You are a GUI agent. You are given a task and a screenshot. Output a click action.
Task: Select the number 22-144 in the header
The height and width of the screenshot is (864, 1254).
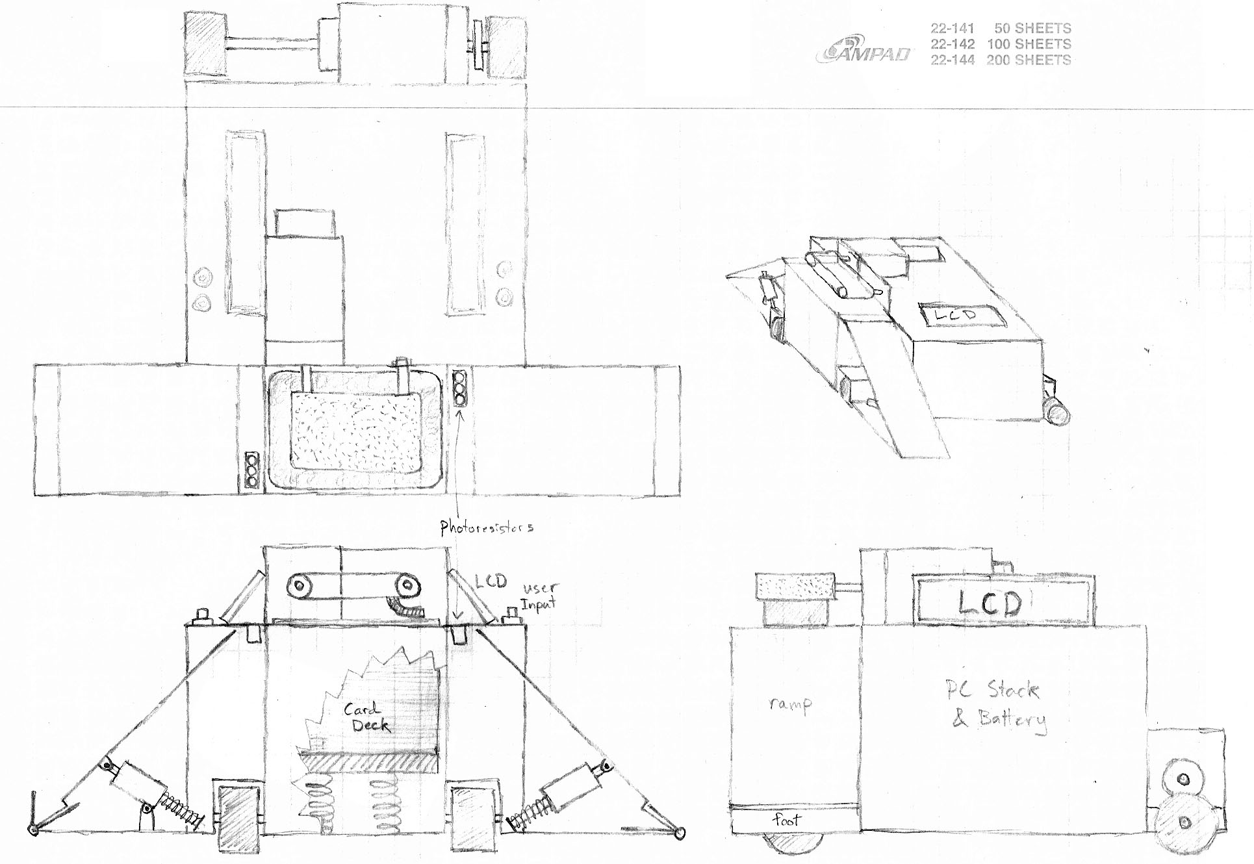point(953,60)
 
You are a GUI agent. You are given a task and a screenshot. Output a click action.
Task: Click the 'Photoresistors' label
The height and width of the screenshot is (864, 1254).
point(487,527)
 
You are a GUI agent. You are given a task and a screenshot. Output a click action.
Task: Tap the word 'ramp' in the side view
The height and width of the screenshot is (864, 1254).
point(790,704)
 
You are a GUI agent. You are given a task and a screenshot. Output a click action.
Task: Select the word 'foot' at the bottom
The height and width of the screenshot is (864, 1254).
point(787,820)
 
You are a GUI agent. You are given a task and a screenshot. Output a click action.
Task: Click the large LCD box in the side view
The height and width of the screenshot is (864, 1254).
point(989,603)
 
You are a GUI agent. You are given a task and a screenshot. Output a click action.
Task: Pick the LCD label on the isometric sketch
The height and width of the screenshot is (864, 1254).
point(959,315)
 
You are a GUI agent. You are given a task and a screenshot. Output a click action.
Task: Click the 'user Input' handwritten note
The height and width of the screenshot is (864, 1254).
point(539,596)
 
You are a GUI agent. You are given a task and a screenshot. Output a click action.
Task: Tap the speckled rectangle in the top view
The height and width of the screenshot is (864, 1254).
point(356,431)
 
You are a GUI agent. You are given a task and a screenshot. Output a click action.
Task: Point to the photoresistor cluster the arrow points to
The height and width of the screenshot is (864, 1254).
point(460,388)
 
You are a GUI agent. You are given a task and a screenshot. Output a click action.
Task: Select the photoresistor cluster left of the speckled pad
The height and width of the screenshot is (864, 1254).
point(252,470)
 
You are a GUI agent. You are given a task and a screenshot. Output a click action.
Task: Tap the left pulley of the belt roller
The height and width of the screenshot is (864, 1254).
point(300,587)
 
